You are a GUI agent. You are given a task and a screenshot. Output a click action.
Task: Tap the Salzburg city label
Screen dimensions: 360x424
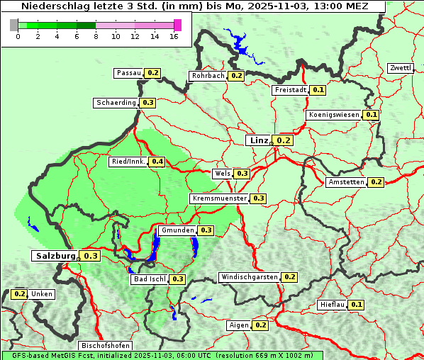tap(55, 256)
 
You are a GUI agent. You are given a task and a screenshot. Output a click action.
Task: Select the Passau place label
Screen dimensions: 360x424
tap(129, 73)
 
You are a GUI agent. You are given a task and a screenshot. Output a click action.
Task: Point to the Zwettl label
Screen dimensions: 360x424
tap(400, 68)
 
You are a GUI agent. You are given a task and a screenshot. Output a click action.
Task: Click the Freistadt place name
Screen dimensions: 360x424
tap(290, 90)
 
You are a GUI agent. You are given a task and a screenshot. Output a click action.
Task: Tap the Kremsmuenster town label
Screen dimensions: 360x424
tap(219, 198)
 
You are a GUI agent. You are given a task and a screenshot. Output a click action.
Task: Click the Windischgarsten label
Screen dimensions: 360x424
tap(249, 277)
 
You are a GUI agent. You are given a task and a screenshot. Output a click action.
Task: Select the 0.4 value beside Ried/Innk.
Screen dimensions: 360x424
tap(157, 162)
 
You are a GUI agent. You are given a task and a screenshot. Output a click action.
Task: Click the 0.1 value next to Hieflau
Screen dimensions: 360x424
tap(357, 305)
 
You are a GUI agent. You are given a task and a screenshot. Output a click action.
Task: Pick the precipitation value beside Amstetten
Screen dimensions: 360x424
tap(376, 182)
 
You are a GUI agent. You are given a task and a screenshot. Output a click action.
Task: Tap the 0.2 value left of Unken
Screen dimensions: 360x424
tap(19, 294)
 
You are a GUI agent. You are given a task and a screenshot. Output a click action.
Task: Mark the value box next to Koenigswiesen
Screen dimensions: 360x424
tap(372, 115)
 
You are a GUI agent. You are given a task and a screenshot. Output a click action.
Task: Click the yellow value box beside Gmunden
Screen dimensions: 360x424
tap(206, 230)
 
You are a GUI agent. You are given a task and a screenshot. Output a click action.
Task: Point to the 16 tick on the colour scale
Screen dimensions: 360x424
tap(174, 37)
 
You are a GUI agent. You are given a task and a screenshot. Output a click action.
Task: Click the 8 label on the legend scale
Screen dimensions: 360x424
tap(96, 37)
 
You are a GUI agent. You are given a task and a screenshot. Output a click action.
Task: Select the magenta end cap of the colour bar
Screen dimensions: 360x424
tap(177, 26)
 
